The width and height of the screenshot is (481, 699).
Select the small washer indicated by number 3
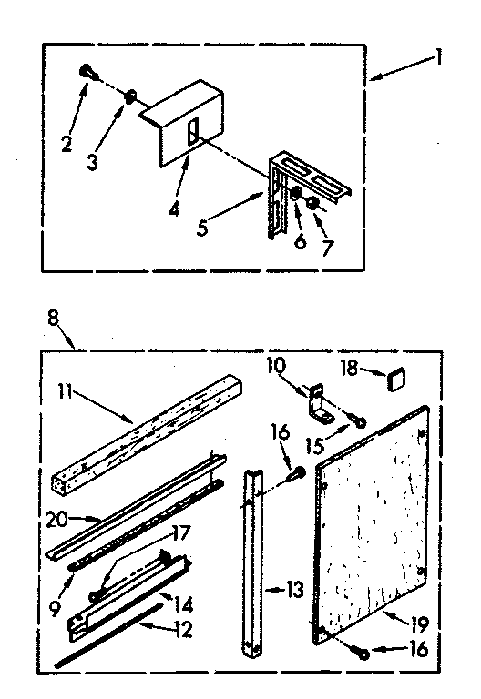(131, 95)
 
